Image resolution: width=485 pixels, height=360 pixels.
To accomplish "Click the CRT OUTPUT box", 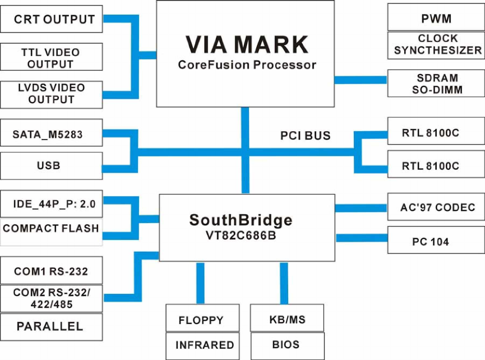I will [52, 19].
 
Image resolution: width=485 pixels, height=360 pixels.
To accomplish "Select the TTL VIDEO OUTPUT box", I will [52, 57].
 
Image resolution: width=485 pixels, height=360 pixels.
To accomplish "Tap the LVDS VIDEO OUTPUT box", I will [52, 94].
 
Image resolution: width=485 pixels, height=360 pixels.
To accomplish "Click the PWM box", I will [436, 18].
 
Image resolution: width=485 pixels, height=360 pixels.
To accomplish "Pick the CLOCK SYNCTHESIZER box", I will [436, 45].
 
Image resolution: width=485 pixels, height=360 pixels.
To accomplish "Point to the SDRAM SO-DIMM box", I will [436, 83].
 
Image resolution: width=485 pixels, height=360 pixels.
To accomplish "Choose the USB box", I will [52, 166].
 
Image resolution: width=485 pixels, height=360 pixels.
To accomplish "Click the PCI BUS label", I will [305, 136].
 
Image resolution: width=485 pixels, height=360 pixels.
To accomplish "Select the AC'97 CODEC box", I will [436, 207].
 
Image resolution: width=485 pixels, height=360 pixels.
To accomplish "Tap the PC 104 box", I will [436, 242].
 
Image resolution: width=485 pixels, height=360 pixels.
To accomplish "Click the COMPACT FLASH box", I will [52, 229].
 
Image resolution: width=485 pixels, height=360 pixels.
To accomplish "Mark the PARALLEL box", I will [52, 326].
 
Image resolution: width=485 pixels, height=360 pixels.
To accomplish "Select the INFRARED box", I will [200, 345].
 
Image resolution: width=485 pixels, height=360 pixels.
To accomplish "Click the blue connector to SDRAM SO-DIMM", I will [361, 80].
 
